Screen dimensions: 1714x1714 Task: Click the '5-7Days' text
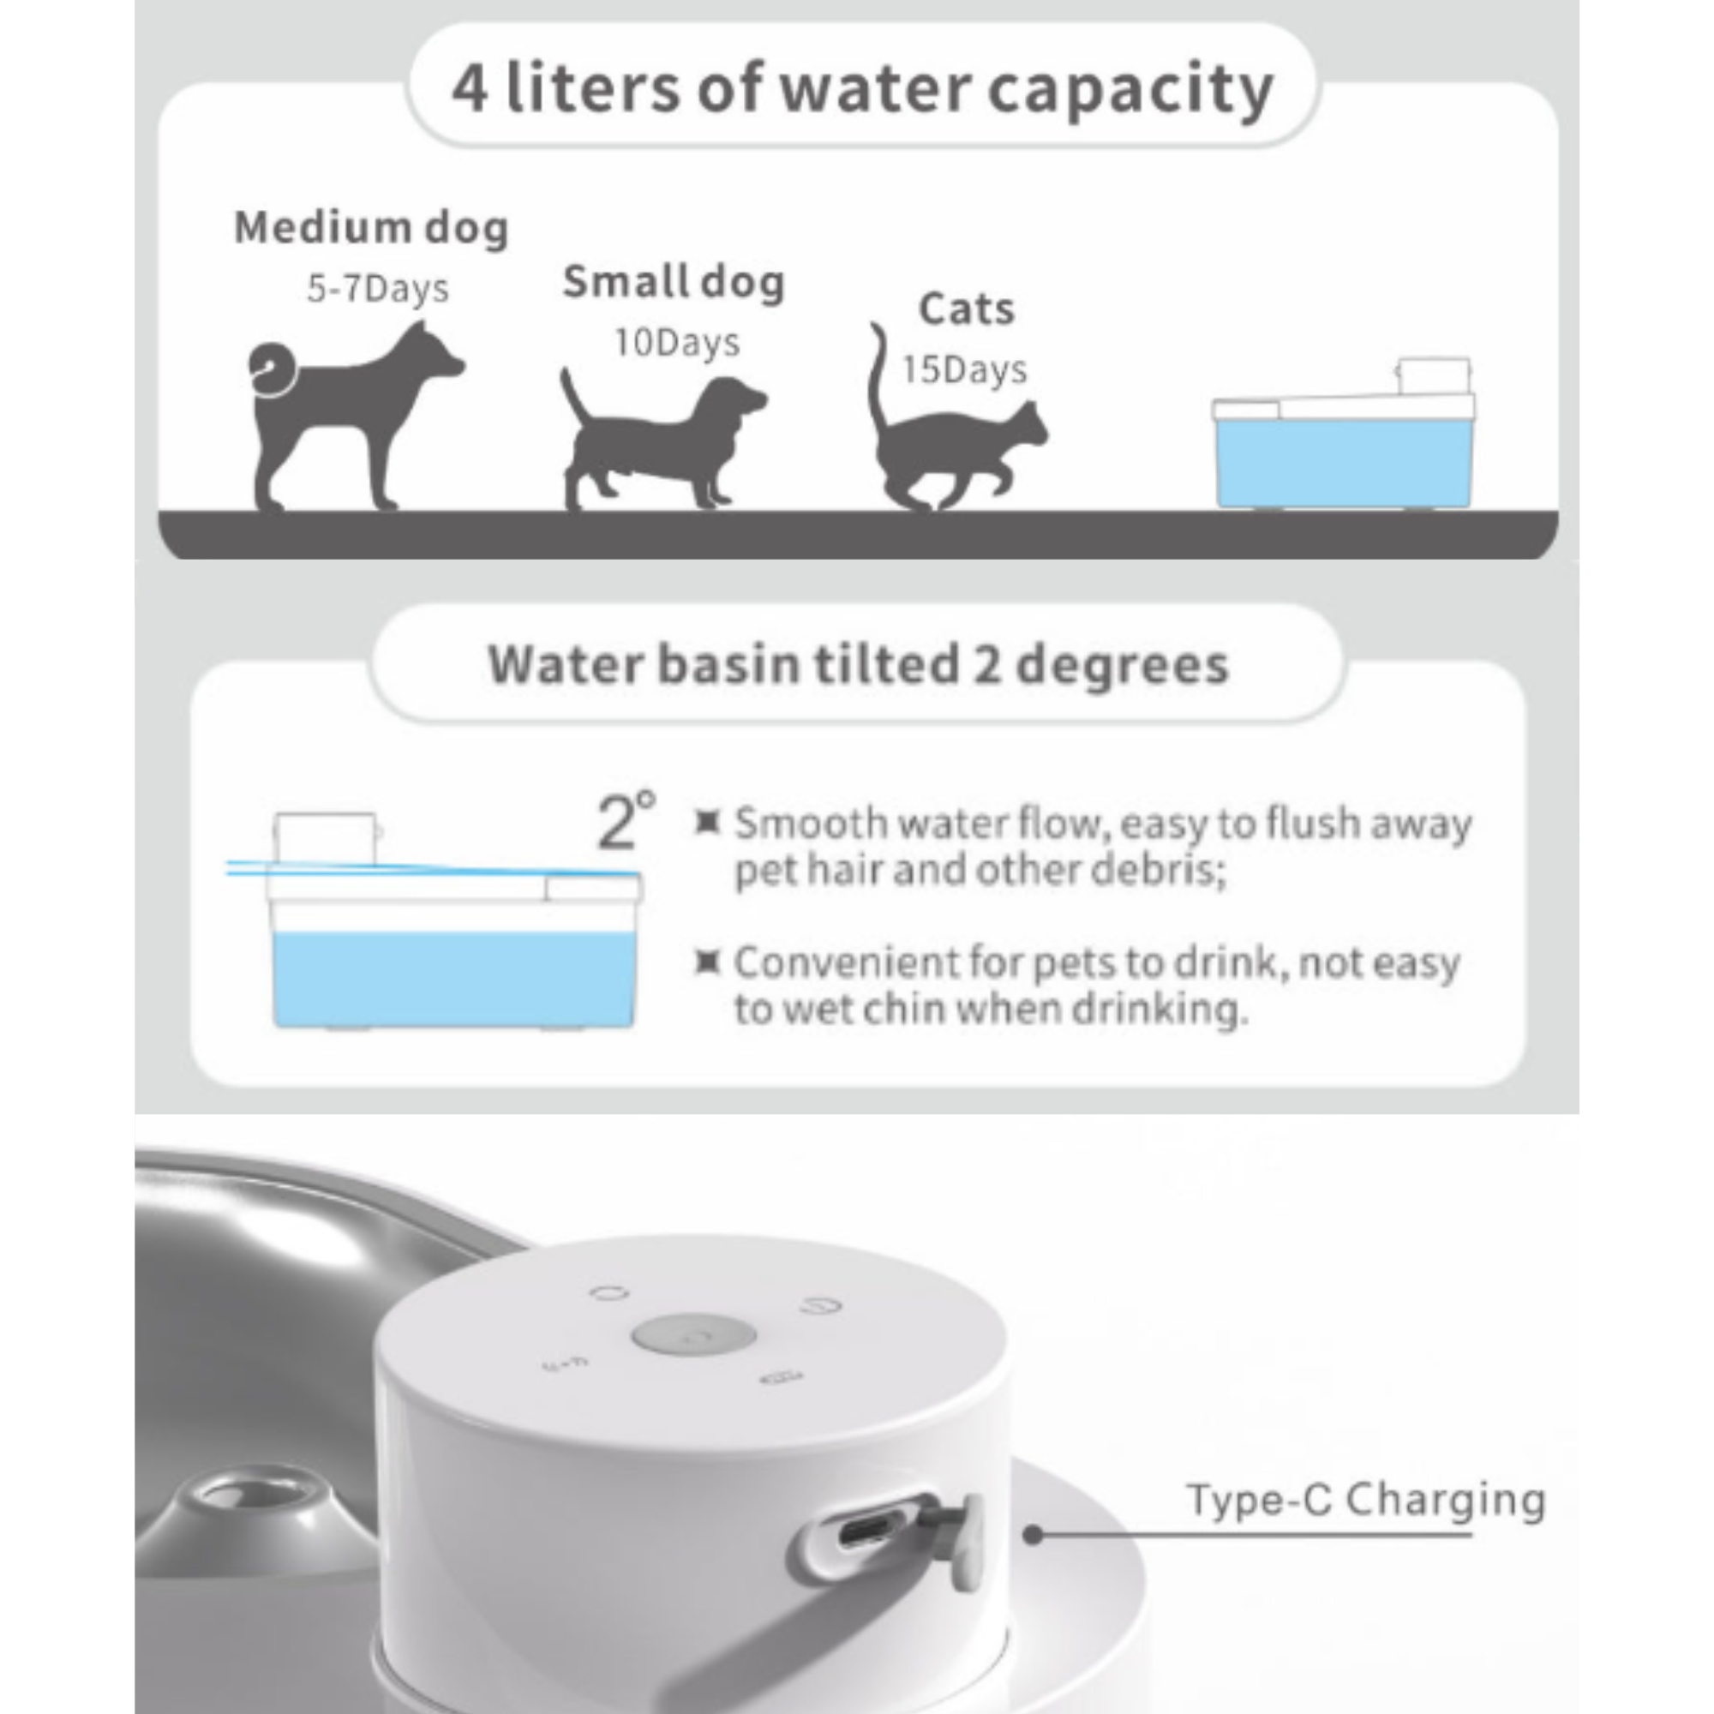[378, 289]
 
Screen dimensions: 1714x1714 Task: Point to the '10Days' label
[677, 343]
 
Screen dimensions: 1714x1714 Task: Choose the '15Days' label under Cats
[964, 369]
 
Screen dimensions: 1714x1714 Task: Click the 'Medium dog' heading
[371, 227]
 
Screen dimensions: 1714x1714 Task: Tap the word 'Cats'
[966, 309]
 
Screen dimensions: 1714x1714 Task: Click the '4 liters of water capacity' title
[862, 89]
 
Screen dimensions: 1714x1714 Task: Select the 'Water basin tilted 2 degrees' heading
[858, 664]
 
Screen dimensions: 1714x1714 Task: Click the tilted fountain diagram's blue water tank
[452, 976]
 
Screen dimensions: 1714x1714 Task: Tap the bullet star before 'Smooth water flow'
[706, 823]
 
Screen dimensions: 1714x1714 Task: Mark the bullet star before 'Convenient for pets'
[706, 961]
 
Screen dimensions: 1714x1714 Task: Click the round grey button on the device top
[694, 1336]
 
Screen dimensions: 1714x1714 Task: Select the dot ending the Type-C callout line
[1033, 1535]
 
